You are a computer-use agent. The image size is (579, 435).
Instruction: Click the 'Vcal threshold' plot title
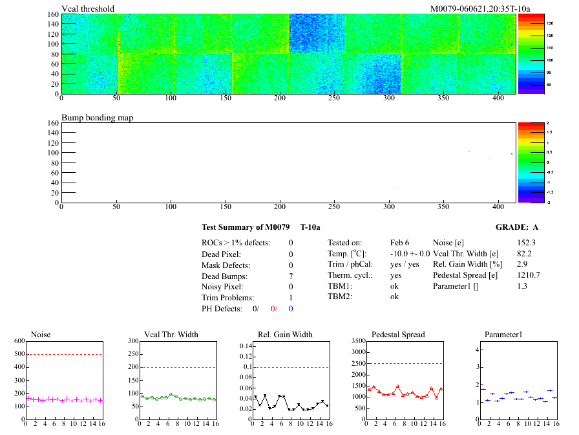click(x=88, y=9)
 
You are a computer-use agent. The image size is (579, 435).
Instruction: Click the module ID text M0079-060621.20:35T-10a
click(x=480, y=9)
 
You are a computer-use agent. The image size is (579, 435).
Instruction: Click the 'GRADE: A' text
click(x=516, y=227)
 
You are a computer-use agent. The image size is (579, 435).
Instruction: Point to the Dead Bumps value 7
click(x=291, y=276)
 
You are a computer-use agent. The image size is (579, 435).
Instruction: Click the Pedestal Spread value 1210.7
click(x=529, y=275)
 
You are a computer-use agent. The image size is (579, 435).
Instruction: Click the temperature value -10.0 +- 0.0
click(x=410, y=254)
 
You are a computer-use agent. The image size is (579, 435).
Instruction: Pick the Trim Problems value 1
click(x=291, y=298)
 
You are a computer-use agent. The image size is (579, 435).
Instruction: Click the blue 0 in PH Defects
click(x=291, y=309)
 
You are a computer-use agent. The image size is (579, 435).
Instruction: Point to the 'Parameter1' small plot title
click(x=503, y=335)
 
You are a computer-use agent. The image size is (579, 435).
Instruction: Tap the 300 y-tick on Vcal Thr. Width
click(x=132, y=340)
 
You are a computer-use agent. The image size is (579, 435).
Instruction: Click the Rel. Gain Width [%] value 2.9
click(x=522, y=265)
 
